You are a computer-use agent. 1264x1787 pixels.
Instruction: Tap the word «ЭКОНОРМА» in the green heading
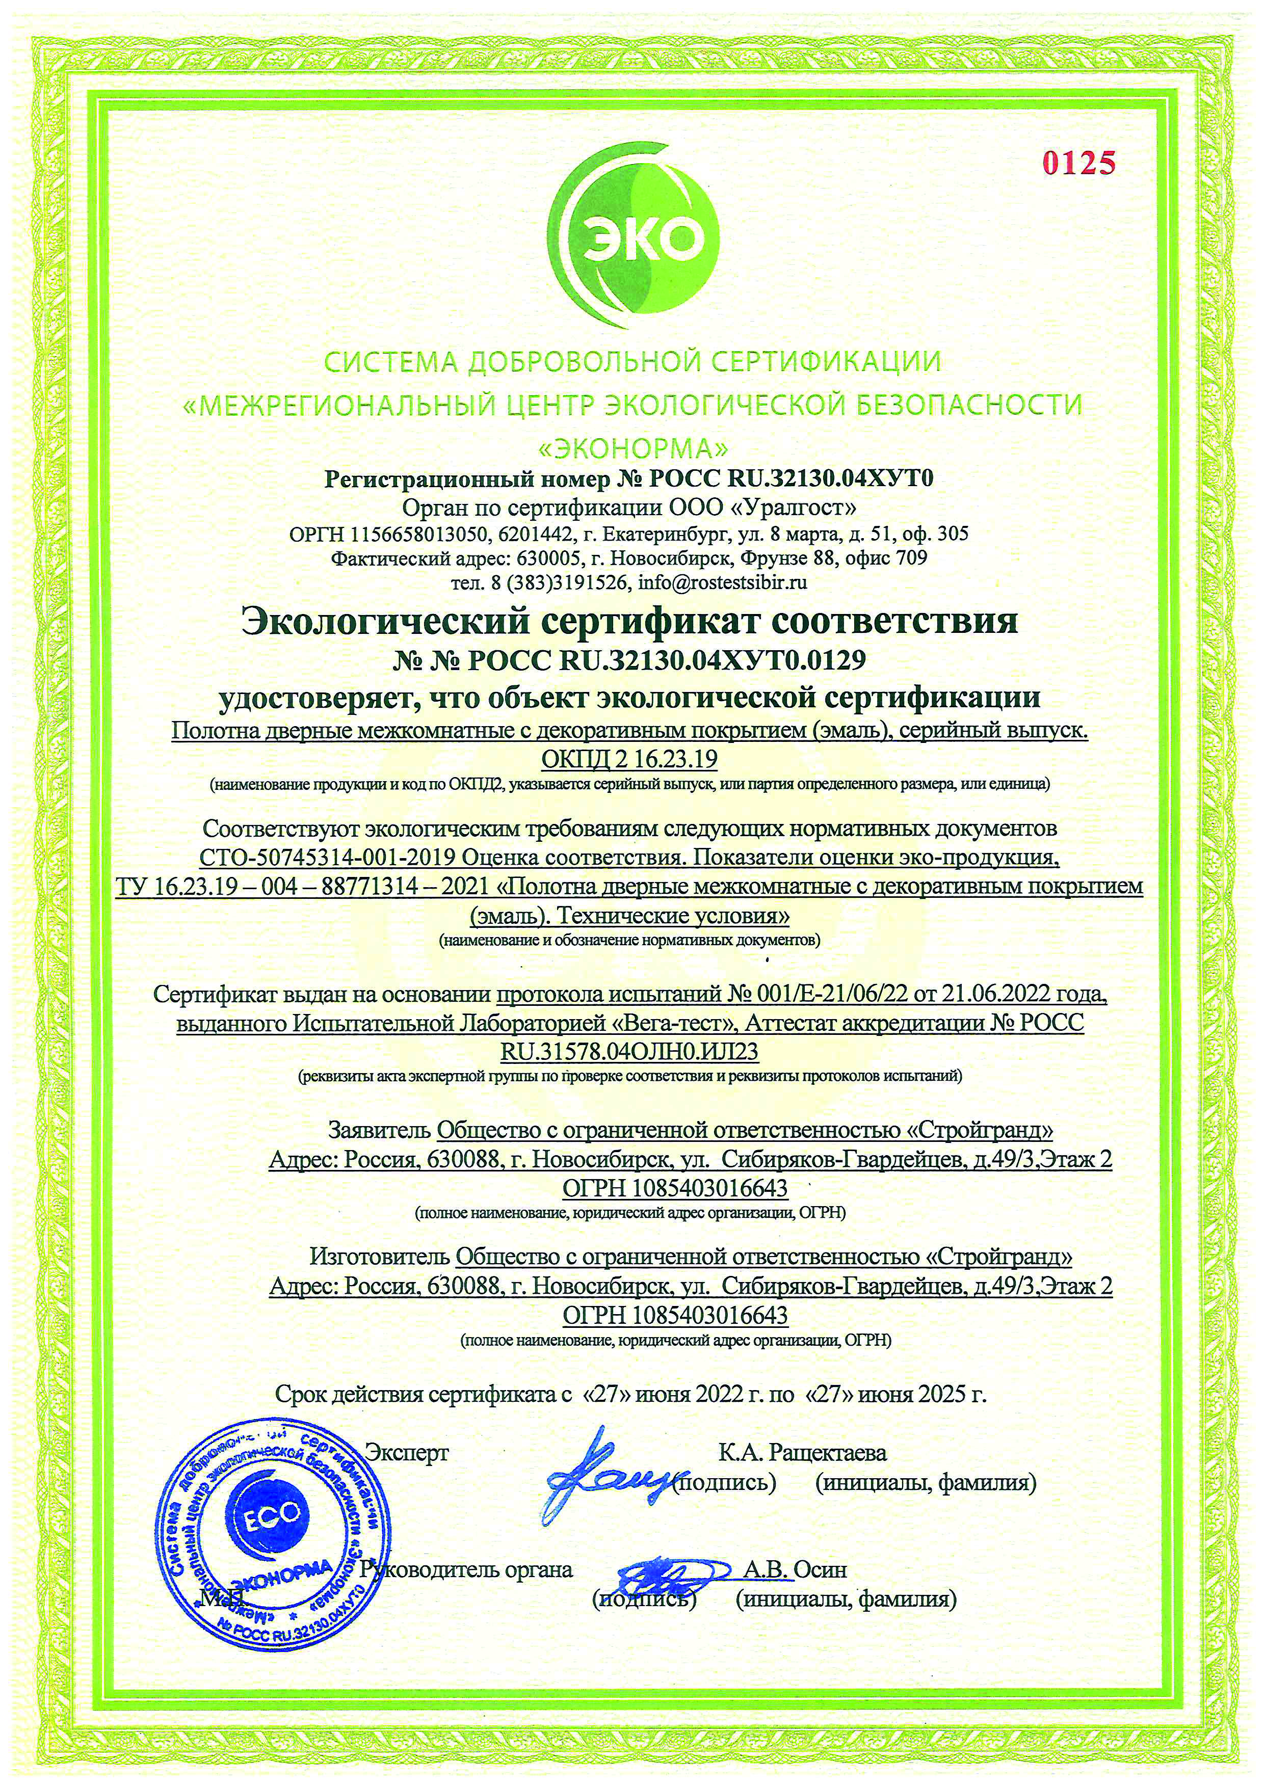tap(632, 448)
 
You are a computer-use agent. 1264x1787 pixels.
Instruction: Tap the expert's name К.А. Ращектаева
tap(802, 1452)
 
